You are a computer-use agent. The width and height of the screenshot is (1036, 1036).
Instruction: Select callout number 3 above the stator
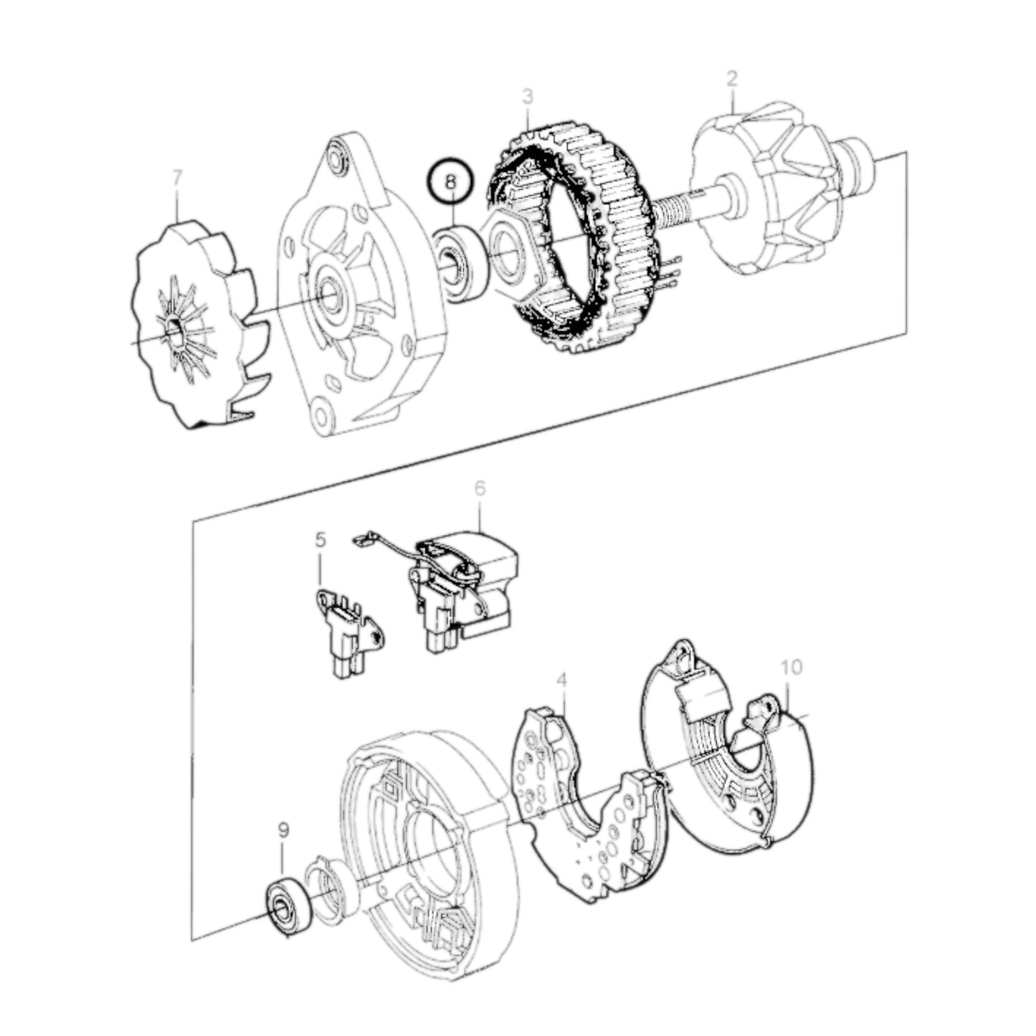pyautogui.click(x=528, y=96)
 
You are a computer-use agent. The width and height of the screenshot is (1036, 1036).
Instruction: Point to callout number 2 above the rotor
pyautogui.click(x=731, y=79)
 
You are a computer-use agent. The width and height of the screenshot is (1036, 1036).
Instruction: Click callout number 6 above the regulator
pyautogui.click(x=480, y=488)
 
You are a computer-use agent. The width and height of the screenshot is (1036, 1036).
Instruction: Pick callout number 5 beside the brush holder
pyautogui.click(x=320, y=538)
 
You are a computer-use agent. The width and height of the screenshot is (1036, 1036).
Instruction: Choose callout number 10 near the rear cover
pyautogui.click(x=792, y=667)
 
